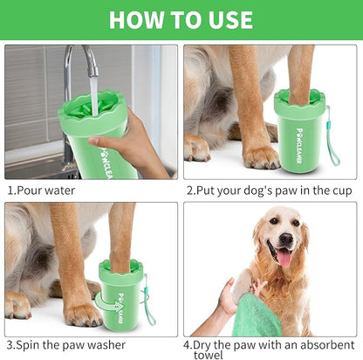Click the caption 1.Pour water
coord(41,190)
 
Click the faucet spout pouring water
coord(90,66)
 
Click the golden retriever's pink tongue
coord(284,256)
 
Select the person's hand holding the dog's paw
coord(229,301)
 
